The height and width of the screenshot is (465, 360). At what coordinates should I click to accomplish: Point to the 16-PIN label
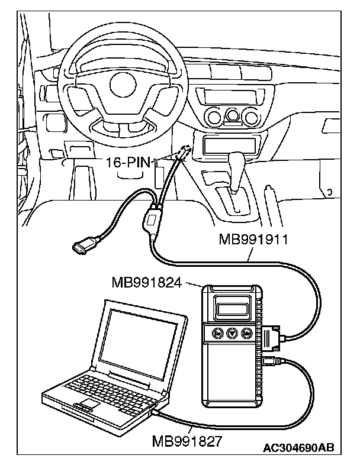pyautogui.click(x=128, y=160)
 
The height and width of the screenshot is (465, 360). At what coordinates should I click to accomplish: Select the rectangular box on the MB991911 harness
pyautogui.click(x=152, y=224)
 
